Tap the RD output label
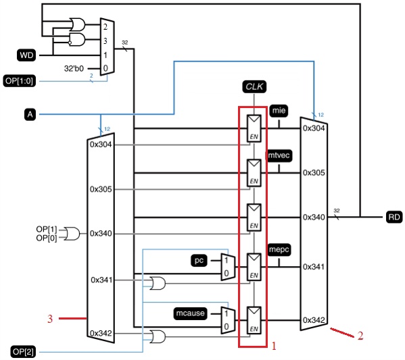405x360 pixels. click(x=394, y=217)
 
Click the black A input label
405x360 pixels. click(x=29, y=115)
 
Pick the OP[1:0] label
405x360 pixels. click(x=22, y=80)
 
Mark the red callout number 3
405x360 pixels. click(x=49, y=319)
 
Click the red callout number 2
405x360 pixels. click(x=360, y=335)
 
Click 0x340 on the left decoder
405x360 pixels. click(x=101, y=234)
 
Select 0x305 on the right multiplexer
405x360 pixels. click(x=314, y=172)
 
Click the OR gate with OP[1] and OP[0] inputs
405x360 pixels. click(x=72, y=234)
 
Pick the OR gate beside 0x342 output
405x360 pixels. click(x=158, y=336)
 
